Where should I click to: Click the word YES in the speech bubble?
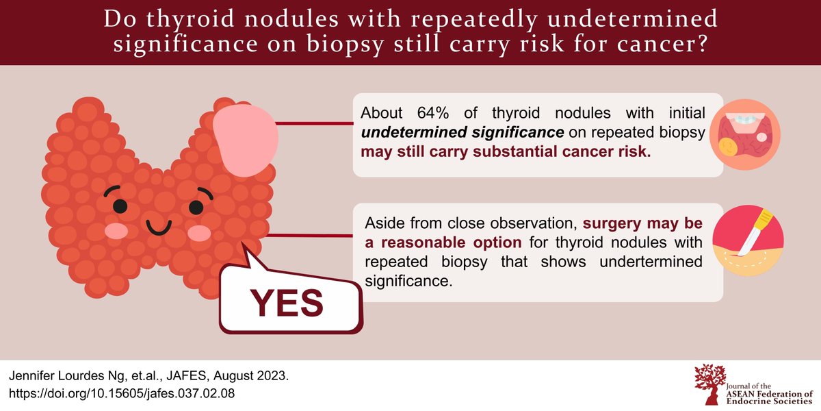point(286,302)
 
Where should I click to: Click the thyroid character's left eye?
point(120,205)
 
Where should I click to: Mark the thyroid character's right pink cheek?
point(199,234)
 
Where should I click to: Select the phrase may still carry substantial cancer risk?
point(506,151)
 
